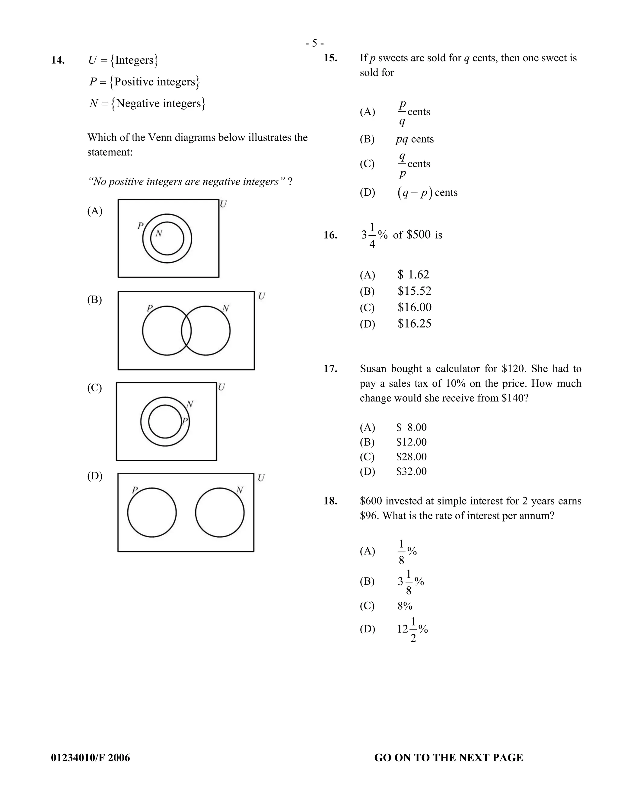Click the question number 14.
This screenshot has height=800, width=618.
coord(58,60)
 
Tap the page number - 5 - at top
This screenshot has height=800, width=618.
coord(314,43)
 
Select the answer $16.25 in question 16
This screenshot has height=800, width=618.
coord(414,323)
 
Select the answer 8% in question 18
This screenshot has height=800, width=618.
coord(405,606)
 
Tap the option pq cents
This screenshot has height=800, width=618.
coord(414,139)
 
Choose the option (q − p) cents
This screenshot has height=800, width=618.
coord(427,193)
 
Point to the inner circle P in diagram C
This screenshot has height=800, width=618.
coord(165,421)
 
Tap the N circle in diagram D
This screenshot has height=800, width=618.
coord(220,513)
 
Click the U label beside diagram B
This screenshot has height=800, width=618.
coord(261,296)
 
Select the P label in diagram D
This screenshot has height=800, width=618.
coord(135,490)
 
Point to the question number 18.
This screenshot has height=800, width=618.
coord(330,501)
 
